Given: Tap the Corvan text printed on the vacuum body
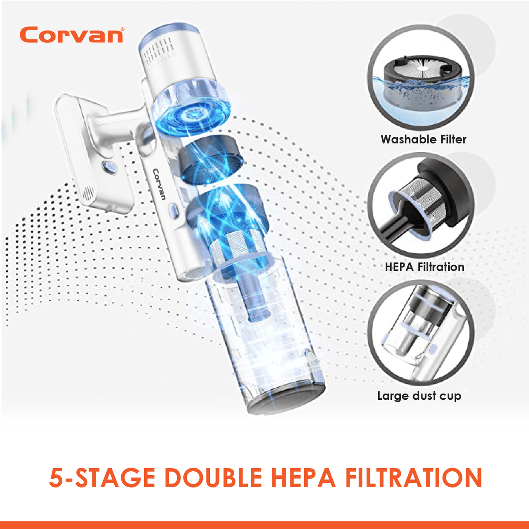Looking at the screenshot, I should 159,184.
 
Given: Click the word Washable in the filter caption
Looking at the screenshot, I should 402,139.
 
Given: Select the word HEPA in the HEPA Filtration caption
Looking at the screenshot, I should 399,267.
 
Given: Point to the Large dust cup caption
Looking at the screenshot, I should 419,396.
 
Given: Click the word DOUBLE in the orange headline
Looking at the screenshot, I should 214,478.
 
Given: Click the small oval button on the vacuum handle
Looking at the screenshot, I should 172,209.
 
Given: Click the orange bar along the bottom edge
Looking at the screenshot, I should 264,525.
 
